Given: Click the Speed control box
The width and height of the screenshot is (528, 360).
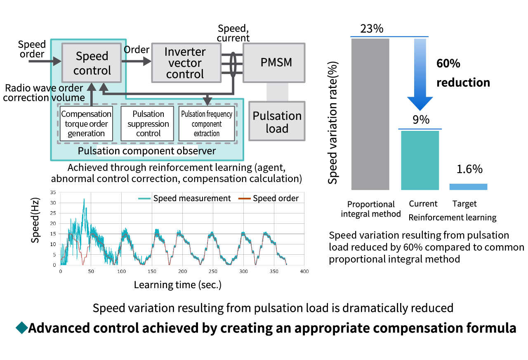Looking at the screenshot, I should click(92, 63).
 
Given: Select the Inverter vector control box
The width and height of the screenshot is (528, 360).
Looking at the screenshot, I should click(185, 63).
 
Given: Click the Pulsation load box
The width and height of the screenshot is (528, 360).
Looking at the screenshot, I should click(277, 122).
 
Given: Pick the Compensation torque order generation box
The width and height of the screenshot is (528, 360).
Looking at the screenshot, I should click(86, 123).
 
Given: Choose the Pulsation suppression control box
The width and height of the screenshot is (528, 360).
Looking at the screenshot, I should click(148, 123).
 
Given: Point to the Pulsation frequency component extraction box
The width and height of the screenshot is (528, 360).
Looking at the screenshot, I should click(207, 123).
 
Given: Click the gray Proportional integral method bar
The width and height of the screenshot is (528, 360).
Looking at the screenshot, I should click(370, 114).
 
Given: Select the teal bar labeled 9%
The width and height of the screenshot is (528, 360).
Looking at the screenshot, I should click(420, 160).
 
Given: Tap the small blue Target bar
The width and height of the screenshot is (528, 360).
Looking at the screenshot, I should click(468, 187).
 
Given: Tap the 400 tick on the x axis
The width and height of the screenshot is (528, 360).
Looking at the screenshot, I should click(304, 271).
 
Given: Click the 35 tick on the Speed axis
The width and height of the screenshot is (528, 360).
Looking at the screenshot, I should click(53, 192).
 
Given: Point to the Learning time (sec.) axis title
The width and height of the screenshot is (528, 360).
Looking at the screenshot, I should click(178, 284).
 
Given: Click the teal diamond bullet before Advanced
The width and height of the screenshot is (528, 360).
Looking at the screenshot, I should click(21, 328).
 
